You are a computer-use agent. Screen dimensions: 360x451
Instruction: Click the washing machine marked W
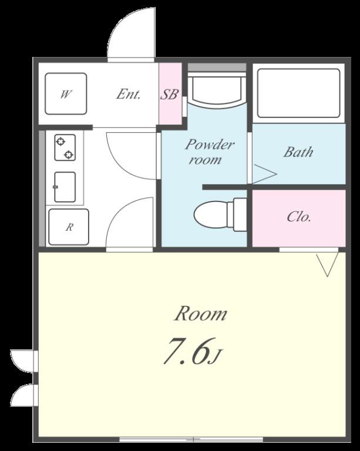[x=66, y=93]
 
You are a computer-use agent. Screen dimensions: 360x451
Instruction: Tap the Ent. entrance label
[x=128, y=94]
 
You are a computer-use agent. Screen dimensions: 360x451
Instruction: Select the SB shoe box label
[x=169, y=94]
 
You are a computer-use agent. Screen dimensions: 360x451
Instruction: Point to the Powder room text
[x=208, y=152]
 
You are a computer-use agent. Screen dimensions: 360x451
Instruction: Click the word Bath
[x=298, y=152]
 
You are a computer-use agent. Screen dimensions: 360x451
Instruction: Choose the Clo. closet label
[x=298, y=217]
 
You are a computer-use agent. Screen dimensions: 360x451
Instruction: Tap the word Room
[x=201, y=314]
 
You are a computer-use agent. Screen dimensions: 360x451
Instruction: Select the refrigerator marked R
[x=69, y=227]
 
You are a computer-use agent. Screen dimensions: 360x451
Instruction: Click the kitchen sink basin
[x=65, y=187]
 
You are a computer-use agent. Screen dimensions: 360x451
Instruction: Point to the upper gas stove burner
[x=60, y=142]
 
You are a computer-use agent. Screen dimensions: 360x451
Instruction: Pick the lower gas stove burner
[x=69, y=155]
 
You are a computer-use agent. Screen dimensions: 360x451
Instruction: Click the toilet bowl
[x=211, y=214]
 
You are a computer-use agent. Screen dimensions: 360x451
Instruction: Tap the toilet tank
[x=240, y=214]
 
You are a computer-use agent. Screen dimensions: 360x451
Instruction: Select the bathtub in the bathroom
[x=298, y=93]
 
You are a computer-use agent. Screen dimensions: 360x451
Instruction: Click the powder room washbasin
[x=217, y=89]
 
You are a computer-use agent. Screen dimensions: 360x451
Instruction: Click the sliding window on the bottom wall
[x=191, y=439]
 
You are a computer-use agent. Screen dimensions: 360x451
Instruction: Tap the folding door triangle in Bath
[x=264, y=174]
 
